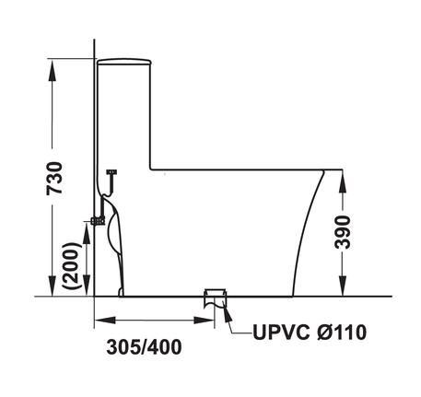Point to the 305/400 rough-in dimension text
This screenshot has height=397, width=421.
tap(143, 347)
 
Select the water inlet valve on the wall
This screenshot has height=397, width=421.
tap(97, 220)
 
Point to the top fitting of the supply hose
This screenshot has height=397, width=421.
tap(112, 172)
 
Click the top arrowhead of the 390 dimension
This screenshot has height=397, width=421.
tap(343, 177)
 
